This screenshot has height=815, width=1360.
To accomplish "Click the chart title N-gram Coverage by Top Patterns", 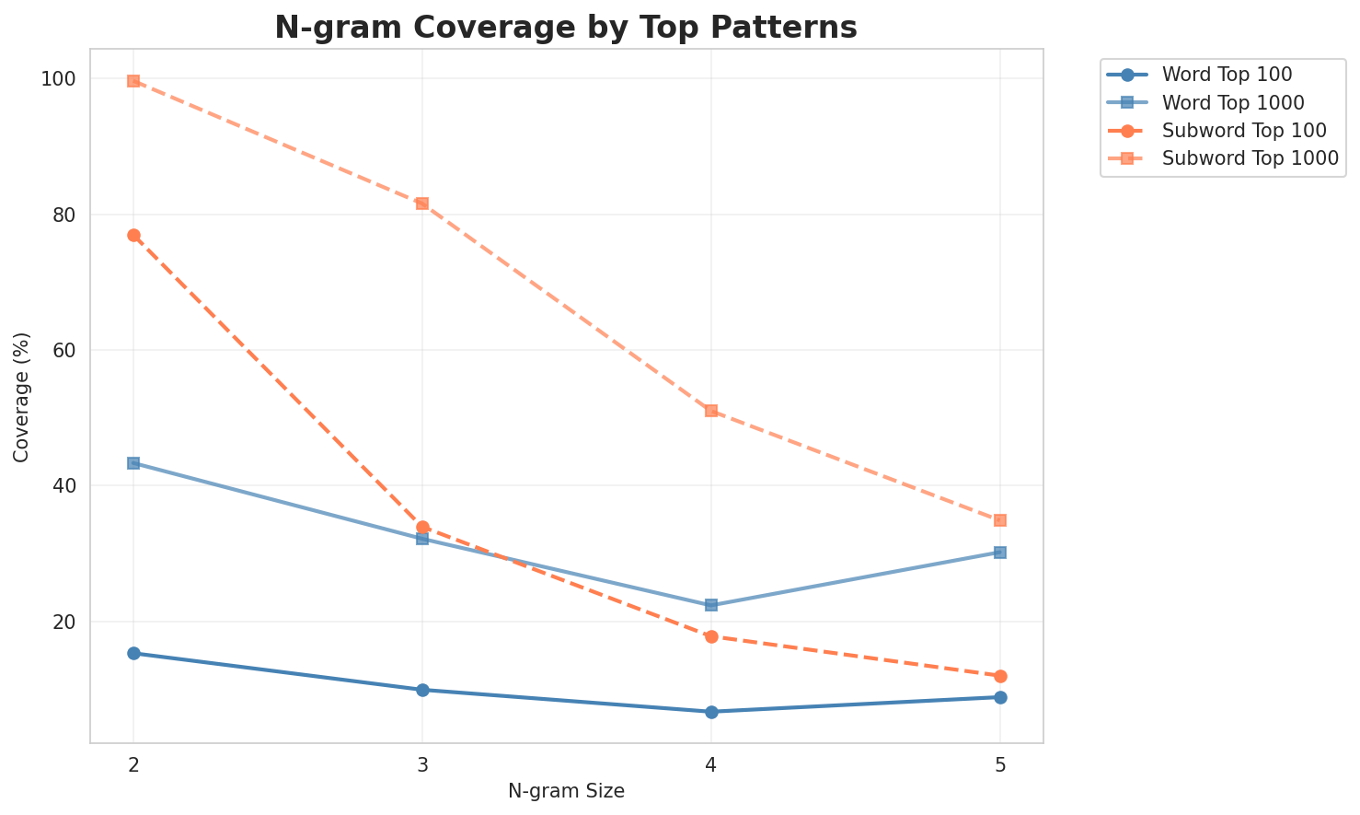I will [x=566, y=28].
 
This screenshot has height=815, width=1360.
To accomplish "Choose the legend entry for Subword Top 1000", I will [x=1250, y=157].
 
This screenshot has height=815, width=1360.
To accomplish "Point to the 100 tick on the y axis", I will [x=61, y=79].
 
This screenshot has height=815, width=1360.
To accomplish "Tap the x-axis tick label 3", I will [x=422, y=764].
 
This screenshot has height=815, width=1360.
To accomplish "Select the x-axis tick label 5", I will [x=1000, y=764].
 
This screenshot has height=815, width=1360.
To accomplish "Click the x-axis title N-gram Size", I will [x=566, y=791].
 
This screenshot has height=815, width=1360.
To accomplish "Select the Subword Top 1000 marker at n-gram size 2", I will [x=133, y=81].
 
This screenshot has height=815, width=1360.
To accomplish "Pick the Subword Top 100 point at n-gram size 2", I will [x=133, y=235].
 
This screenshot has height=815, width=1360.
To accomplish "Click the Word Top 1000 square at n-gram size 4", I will [x=711, y=605].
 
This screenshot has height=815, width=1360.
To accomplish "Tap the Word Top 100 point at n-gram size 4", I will [x=711, y=712].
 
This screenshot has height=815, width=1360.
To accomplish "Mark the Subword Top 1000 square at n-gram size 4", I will [x=711, y=410].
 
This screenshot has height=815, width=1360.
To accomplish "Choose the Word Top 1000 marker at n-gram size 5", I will [x=1000, y=553].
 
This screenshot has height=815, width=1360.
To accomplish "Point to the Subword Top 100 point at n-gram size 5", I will [x=1000, y=676].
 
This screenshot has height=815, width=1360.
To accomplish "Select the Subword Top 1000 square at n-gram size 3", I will [x=422, y=203].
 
